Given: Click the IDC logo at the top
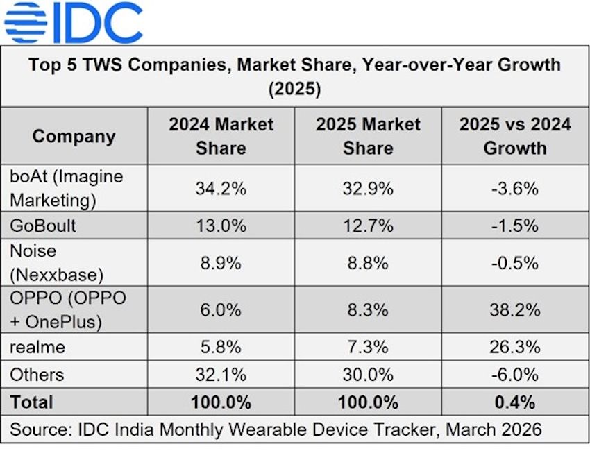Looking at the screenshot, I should [x=73, y=23].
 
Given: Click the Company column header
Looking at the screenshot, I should [x=74, y=136].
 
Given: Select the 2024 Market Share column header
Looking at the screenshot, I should [x=221, y=136].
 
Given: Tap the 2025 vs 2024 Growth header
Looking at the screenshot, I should [x=514, y=136].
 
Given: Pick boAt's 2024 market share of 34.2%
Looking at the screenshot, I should [x=221, y=189].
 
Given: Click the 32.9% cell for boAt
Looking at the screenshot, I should [x=368, y=189].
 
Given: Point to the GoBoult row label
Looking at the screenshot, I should [x=43, y=226].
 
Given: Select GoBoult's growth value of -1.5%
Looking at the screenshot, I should [x=514, y=226].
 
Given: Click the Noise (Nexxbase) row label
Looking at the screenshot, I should [x=56, y=262].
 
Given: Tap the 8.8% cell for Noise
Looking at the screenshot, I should [x=368, y=263].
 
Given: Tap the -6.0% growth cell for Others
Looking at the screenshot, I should [x=514, y=375].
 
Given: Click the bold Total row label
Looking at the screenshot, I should [x=32, y=402].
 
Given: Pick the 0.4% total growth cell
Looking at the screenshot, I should [x=514, y=402].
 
